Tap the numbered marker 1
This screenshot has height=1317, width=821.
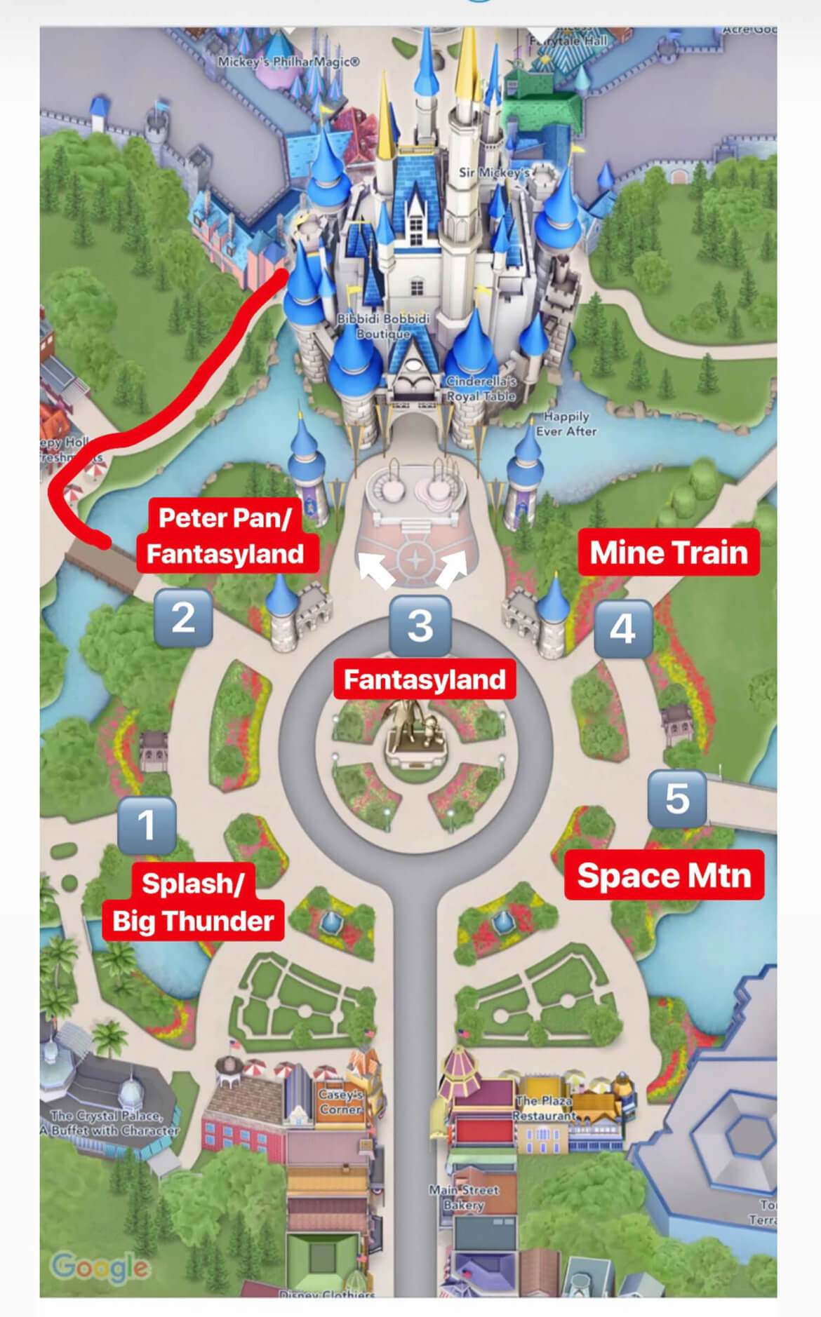[147, 825]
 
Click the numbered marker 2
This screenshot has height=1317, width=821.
[183, 618]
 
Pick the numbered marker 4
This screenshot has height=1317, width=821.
[623, 628]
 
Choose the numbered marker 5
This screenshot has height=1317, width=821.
[676, 798]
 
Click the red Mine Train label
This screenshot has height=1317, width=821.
[669, 553]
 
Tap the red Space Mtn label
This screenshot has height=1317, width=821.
[664, 875]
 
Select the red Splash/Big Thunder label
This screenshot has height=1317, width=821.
[193, 903]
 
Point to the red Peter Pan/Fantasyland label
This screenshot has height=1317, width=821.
[225, 536]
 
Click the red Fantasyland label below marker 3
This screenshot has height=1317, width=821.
[425, 680]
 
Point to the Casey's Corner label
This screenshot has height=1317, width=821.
[341, 1102]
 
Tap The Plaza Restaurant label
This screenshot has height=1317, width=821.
[545, 1108]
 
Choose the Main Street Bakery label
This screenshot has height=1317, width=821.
[464, 1197]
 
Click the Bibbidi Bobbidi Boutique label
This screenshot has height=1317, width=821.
[383, 326]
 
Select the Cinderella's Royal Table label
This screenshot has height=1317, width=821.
[481, 389]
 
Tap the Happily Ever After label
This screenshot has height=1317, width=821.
[566, 424]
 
